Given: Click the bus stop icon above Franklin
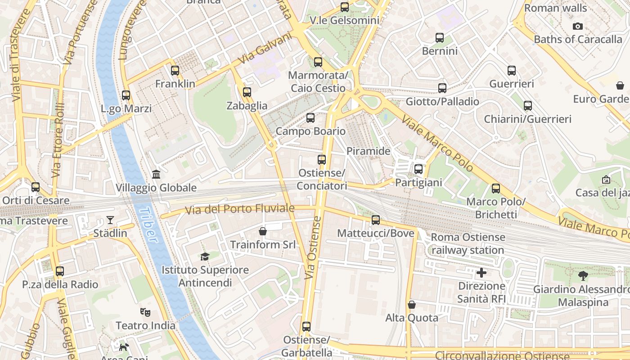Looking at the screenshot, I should click(175, 71).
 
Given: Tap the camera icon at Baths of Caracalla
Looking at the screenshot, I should click(578, 27).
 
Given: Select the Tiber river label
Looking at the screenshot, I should click(148, 225).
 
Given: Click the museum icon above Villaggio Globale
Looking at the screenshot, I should click(156, 174).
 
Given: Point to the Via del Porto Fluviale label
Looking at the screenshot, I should click(240, 209).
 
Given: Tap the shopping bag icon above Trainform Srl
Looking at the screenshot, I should click(263, 231).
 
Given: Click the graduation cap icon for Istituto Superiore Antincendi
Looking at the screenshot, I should click(205, 256).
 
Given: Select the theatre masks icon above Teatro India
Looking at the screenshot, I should click(145, 312).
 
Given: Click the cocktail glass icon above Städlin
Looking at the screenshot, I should click(110, 220).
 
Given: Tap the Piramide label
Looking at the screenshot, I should click(368, 151).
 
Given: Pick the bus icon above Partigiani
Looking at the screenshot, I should click(418, 169).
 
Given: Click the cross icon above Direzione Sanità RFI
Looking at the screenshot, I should click(481, 273).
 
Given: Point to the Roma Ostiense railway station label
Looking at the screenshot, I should click(468, 243).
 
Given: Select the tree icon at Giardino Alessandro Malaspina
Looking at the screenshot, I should click(583, 276).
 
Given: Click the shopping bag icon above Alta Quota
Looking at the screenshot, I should click(411, 305).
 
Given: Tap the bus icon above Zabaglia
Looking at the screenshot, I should click(247, 92).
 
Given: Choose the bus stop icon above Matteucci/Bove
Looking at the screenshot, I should click(376, 220).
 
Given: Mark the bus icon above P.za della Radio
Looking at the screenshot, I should click(60, 271).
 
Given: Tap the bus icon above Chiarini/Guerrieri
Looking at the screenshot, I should click(527, 106).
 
